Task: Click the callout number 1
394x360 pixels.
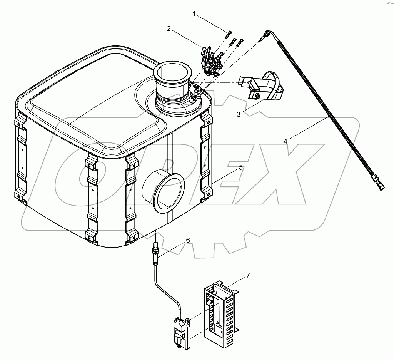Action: pos(194,14)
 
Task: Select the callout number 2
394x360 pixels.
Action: pos(169,28)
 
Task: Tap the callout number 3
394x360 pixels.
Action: pos(239,114)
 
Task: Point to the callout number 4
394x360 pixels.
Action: pos(285,141)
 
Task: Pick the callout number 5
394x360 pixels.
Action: pos(240,167)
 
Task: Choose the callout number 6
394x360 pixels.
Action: pos(188,240)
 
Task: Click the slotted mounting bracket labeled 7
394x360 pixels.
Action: pos(219,312)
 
